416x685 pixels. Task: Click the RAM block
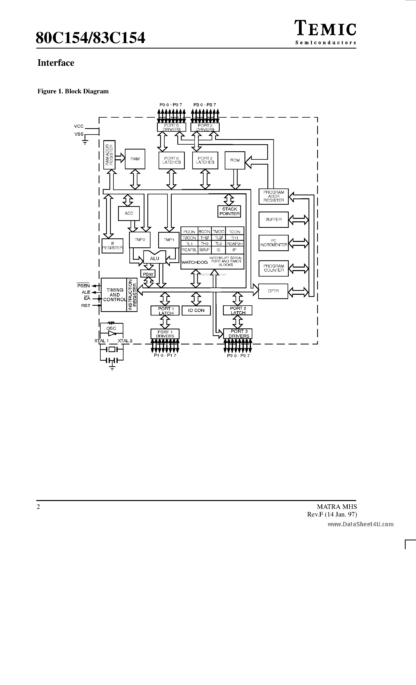pyautogui.click(x=135, y=159)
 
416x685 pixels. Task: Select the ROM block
pyautogui.click(x=235, y=160)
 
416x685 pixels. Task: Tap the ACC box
pyautogui.click(x=129, y=213)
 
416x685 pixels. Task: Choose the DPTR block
pyautogui.click(x=273, y=291)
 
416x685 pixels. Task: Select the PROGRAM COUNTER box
pyautogui.click(x=274, y=268)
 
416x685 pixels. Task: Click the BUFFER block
pyautogui.click(x=274, y=220)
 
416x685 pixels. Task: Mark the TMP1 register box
pyautogui.click(x=169, y=240)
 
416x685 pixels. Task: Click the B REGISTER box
pyautogui.click(x=112, y=246)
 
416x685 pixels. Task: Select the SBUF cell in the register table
pyautogui.click(x=204, y=250)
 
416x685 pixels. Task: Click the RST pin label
pyautogui.click(x=86, y=306)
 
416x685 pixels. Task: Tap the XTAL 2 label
pyautogui.click(x=125, y=341)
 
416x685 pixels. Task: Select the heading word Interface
pyautogui.click(x=56, y=63)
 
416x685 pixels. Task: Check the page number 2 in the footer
pyautogui.click(x=38, y=507)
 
